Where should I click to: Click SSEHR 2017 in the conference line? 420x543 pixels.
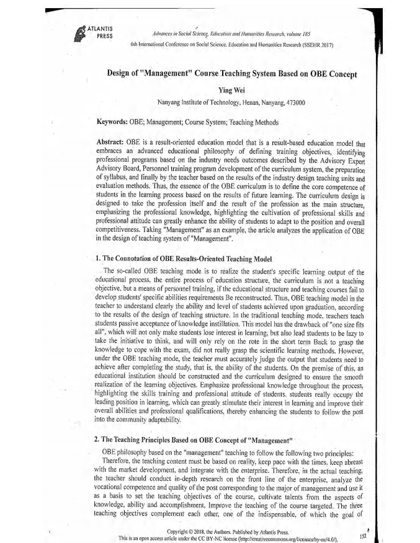point(318,45)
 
